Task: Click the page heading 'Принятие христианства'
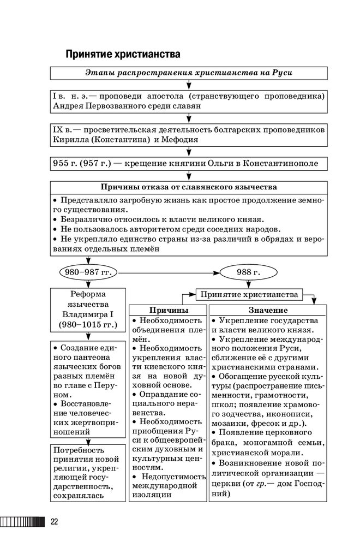[123, 55]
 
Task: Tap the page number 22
[55, 521]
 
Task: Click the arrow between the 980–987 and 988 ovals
[169, 272]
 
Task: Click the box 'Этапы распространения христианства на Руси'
[189, 73]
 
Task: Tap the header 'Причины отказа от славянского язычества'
[189, 187]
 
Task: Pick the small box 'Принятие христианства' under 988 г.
[249, 295]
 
